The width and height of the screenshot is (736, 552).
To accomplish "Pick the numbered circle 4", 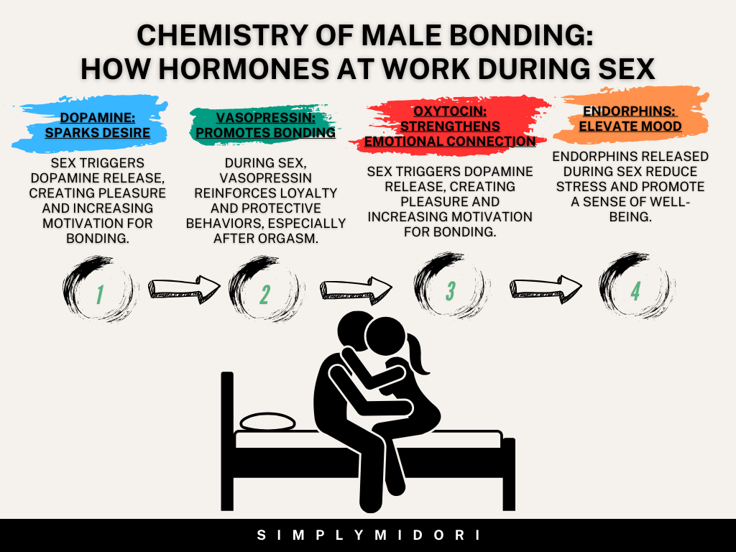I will coord(635,290).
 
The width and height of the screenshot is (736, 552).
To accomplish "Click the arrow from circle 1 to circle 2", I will coord(184,288).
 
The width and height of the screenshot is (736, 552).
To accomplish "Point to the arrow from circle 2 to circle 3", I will coord(356,289).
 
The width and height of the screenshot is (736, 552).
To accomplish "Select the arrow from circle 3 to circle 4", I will coord(546,289).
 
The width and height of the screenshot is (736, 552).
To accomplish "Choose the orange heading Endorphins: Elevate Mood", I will coord(631,119).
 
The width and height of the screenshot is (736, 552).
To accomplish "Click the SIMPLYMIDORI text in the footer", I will coord(368,535).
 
